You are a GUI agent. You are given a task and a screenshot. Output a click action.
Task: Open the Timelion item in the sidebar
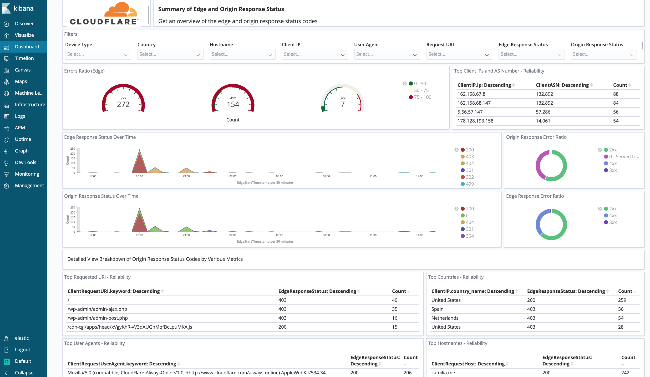click(24, 58)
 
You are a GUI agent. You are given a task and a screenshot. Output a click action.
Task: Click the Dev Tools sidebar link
click(25, 162)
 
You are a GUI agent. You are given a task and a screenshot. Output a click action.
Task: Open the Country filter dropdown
click(170, 54)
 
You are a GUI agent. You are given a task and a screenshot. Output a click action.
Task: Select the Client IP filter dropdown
click(314, 54)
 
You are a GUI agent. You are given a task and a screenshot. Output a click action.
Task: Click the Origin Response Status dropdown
click(603, 54)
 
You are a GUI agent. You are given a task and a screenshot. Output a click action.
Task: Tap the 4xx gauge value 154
click(233, 104)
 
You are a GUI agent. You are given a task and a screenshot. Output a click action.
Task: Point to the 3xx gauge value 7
click(342, 104)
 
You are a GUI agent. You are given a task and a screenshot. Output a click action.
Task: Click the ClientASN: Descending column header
click(562, 85)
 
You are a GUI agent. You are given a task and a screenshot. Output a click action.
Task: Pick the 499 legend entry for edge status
click(470, 184)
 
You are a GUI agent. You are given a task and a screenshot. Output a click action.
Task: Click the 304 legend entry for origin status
click(470, 236)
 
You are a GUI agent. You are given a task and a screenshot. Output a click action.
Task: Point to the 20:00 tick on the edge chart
click(139, 176)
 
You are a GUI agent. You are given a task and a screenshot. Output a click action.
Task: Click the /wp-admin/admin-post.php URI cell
click(98, 318)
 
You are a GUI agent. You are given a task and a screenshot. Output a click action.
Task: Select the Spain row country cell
click(437, 309)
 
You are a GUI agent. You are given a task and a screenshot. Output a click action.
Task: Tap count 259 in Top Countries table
click(622, 300)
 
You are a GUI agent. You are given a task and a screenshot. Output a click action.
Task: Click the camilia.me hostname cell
click(443, 373)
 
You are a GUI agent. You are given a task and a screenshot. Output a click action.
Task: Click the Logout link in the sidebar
click(22, 350)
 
